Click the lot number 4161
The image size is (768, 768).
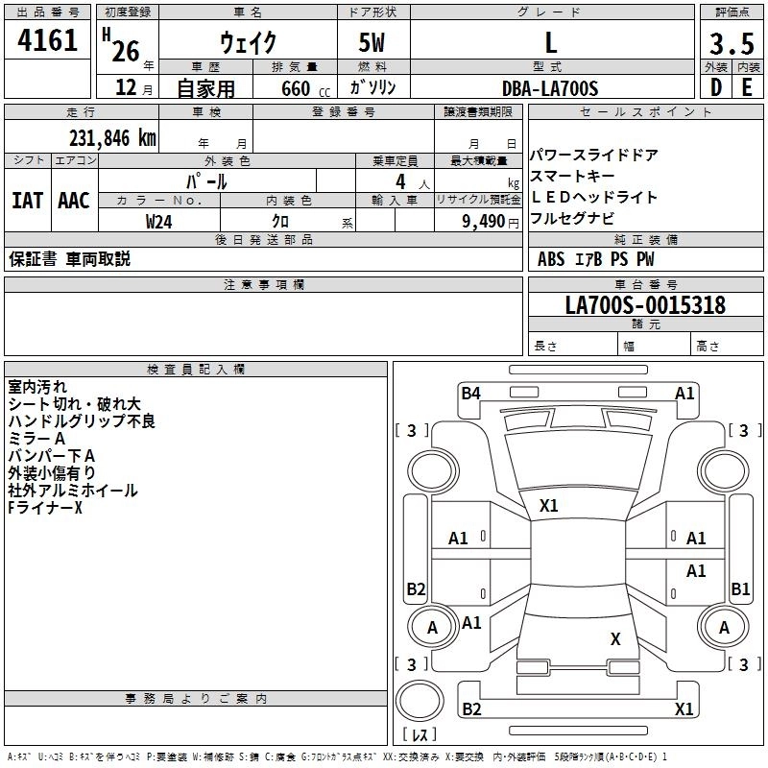click(x=48, y=41)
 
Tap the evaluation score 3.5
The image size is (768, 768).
click(x=732, y=44)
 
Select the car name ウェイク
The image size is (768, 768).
click(x=248, y=43)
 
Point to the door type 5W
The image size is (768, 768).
click(x=373, y=43)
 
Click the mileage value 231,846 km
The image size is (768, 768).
click(x=112, y=138)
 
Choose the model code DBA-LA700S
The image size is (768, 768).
click(x=550, y=88)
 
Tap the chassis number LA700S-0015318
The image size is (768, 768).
click(x=645, y=305)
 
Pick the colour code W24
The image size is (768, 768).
click(x=159, y=221)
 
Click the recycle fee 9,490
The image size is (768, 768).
click(x=483, y=221)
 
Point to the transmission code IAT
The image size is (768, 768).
click(x=27, y=201)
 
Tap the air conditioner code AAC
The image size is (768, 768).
click(x=74, y=201)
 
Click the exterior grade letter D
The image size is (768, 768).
click(x=715, y=87)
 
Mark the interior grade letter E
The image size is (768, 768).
click(x=747, y=87)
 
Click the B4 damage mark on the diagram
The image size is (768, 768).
click(x=470, y=392)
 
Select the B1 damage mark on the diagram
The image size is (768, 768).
click(x=740, y=588)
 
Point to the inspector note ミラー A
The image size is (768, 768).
click(x=36, y=438)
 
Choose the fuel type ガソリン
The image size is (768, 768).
click(x=372, y=88)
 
